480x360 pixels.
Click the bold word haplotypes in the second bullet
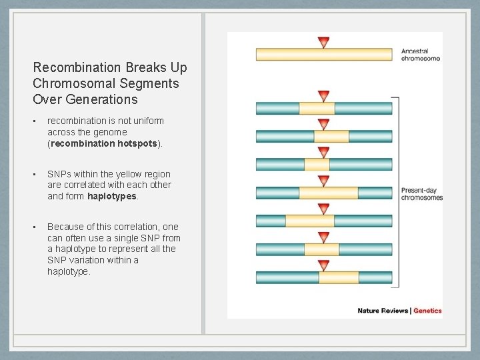[112, 196]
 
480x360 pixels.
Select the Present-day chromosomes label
[421, 193]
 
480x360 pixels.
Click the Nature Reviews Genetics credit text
[399, 310]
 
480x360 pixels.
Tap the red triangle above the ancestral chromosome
[324, 43]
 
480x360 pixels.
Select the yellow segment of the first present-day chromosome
[317, 108]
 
